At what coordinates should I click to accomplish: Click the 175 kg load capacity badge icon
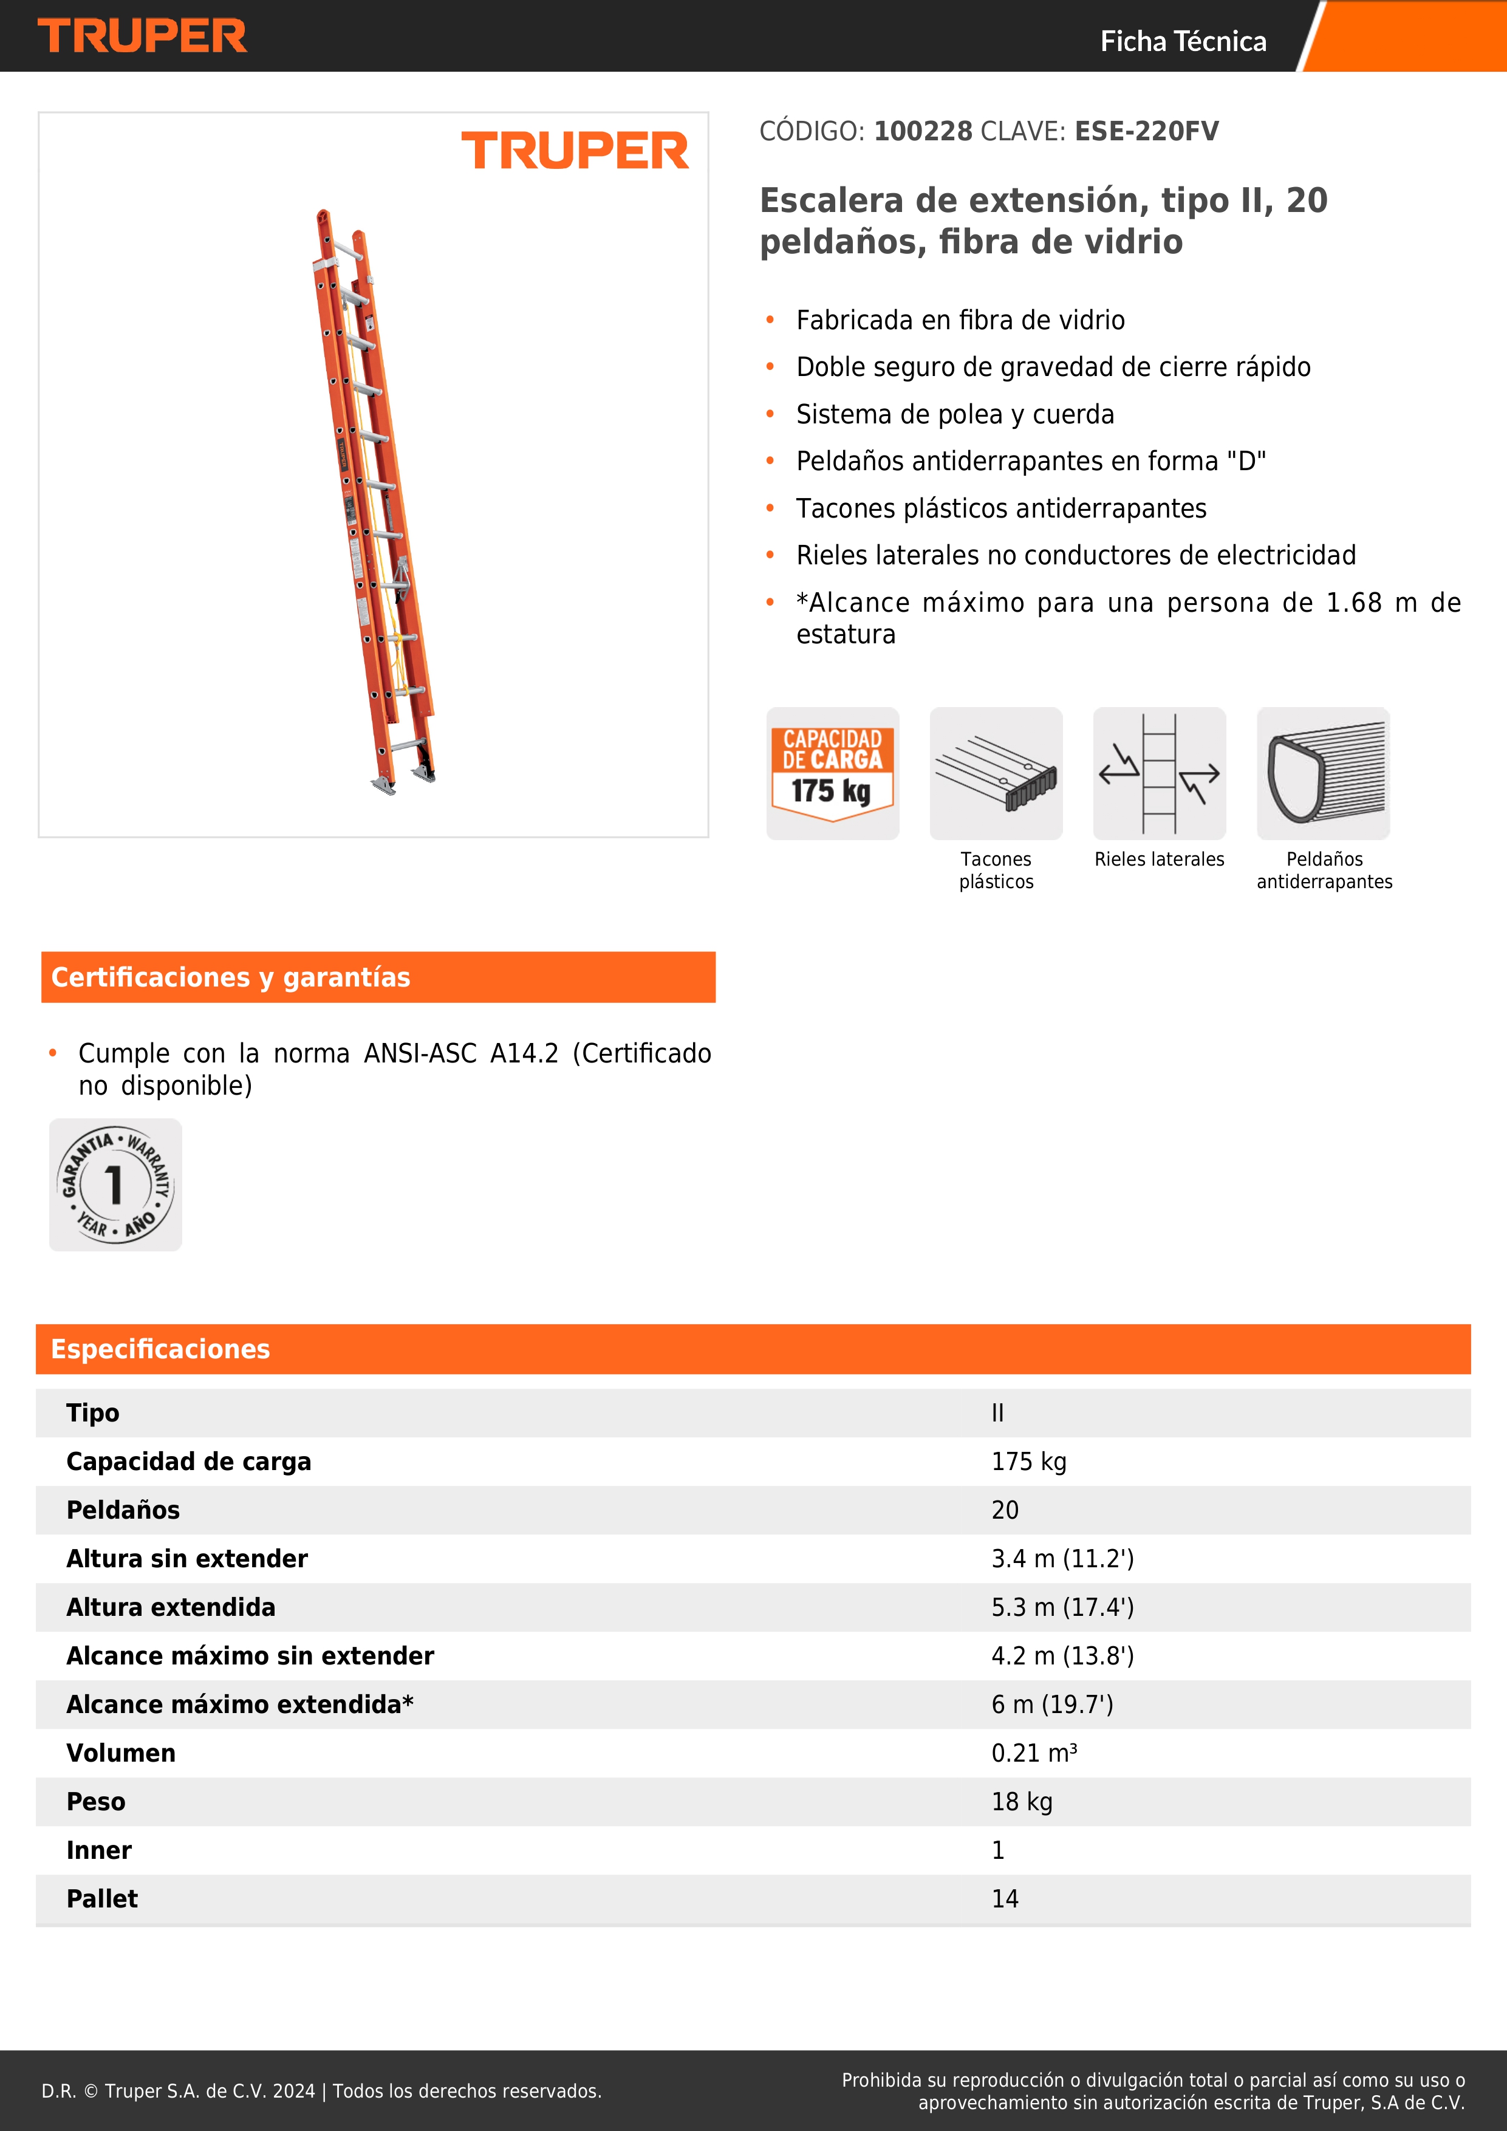pyautogui.click(x=832, y=773)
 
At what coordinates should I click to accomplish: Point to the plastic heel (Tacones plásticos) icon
pyautogui.click(x=996, y=773)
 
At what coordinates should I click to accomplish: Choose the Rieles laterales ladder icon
pyautogui.click(x=1159, y=773)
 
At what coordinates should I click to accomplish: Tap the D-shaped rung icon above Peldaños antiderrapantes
pyautogui.click(x=1324, y=773)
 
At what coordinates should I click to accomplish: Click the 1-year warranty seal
pyautogui.click(x=115, y=1185)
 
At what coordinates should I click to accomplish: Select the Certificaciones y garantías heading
pyautogui.click(x=230, y=977)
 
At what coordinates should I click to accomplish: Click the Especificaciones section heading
pyautogui.click(x=160, y=1349)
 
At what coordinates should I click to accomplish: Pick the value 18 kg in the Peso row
pyautogui.click(x=1022, y=1802)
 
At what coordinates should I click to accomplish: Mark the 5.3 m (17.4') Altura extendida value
pyautogui.click(x=1062, y=1607)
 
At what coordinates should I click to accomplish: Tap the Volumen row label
pyautogui.click(x=121, y=1753)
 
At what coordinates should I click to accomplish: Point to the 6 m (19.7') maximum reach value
pyautogui.click(x=1052, y=1704)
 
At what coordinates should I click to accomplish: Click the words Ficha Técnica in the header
pyautogui.click(x=1183, y=41)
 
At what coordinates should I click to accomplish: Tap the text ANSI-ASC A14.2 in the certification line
pyautogui.click(x=461, y=1053)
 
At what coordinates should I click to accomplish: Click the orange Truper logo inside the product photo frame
pyautogui.click(x=575, y=151)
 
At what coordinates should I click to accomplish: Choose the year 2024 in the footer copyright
pyautogui.click(x=293, y=2091)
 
